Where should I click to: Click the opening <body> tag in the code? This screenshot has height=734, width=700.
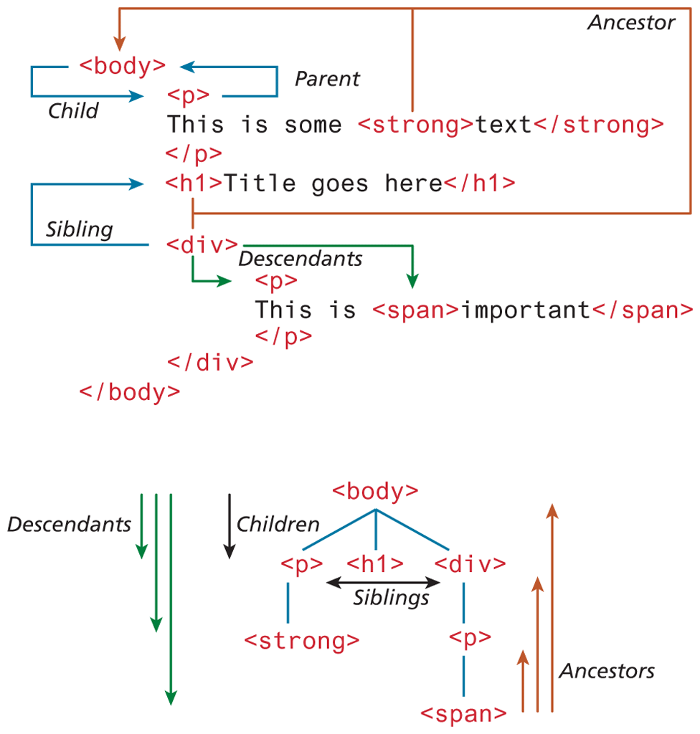click(122, 66)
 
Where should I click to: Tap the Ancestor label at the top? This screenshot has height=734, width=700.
click(631, 23)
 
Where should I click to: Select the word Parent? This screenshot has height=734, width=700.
click(327, 78)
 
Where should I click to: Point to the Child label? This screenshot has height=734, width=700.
click(72, 110)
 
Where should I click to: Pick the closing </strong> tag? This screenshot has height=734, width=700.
click(598, 125)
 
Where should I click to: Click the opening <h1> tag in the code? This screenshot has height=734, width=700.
click(194, 183)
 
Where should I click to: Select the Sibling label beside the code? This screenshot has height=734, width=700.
click(80, 229)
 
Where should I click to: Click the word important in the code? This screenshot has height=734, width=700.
click(524, 310)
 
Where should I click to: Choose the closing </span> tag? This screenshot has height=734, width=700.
click(641, 310)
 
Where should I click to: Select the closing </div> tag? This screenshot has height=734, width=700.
click(209, 362)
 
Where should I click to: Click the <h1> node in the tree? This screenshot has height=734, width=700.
click(375, 564)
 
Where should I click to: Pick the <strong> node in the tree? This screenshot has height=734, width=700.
click(302, 640)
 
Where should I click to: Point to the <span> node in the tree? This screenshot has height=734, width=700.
click(464, 714)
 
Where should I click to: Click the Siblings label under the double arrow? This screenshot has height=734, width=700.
click(391, 597)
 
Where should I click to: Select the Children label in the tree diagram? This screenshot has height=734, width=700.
click(278, 524)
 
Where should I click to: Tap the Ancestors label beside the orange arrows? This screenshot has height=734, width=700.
click(607, 671)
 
